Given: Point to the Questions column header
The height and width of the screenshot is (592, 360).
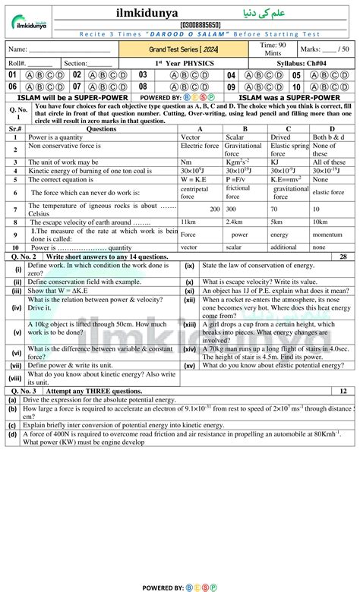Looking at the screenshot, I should (102, 128).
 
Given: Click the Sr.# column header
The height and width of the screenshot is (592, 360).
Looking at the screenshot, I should (16, 128).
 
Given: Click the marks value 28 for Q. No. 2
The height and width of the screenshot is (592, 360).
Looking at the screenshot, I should (343, 257).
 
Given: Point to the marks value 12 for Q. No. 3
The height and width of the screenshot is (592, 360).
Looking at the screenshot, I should (343, 391).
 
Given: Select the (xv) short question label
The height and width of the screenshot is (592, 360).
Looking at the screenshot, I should (189, 365).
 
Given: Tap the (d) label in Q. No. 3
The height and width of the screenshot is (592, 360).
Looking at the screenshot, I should (12, 436).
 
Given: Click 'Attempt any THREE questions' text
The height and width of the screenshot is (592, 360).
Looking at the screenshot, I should (89, 391).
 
